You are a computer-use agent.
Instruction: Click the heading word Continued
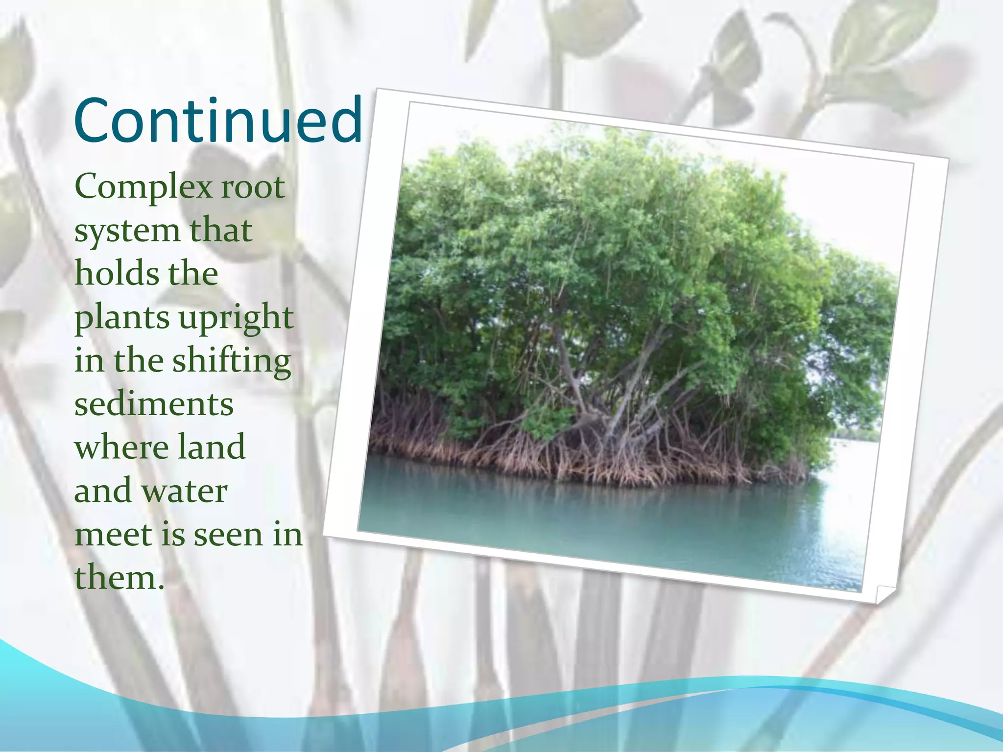click(218, 120)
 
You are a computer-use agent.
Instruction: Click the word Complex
click(142, 188)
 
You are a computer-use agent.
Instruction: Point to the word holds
click(111, 274)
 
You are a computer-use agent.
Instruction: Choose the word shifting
click(231, 361)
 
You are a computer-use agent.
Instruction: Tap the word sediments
click(154, 404)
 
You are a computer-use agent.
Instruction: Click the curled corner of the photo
click(884, 594)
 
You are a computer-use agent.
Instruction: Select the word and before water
click(103, 491)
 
